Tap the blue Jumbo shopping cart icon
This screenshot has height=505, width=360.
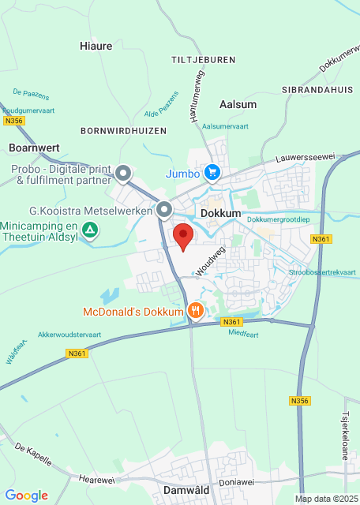[x=212, y=172]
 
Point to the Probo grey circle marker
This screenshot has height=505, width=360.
[x=123, y=173]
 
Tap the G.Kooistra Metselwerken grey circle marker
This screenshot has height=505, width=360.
[x=164, y=210]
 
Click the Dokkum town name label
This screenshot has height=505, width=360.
[x=220, y=214]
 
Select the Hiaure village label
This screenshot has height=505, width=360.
[x=96, y=46]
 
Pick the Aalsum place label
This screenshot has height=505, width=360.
[x=238, y=104]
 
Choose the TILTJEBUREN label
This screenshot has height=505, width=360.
[x=204, y=60]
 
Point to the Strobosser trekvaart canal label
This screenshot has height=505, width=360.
[x=323, y=272]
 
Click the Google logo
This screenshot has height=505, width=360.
[x=27, y=496]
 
